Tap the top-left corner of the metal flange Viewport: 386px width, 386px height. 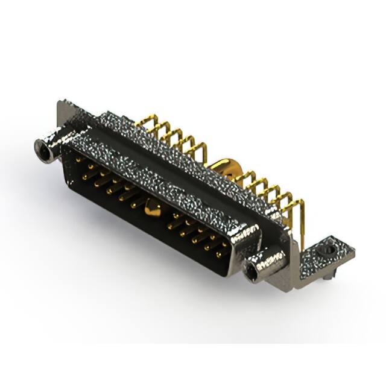pyautogui.click(x=60, y=104)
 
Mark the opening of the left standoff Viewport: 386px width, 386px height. pyautogui.click(x=43, y=150)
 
